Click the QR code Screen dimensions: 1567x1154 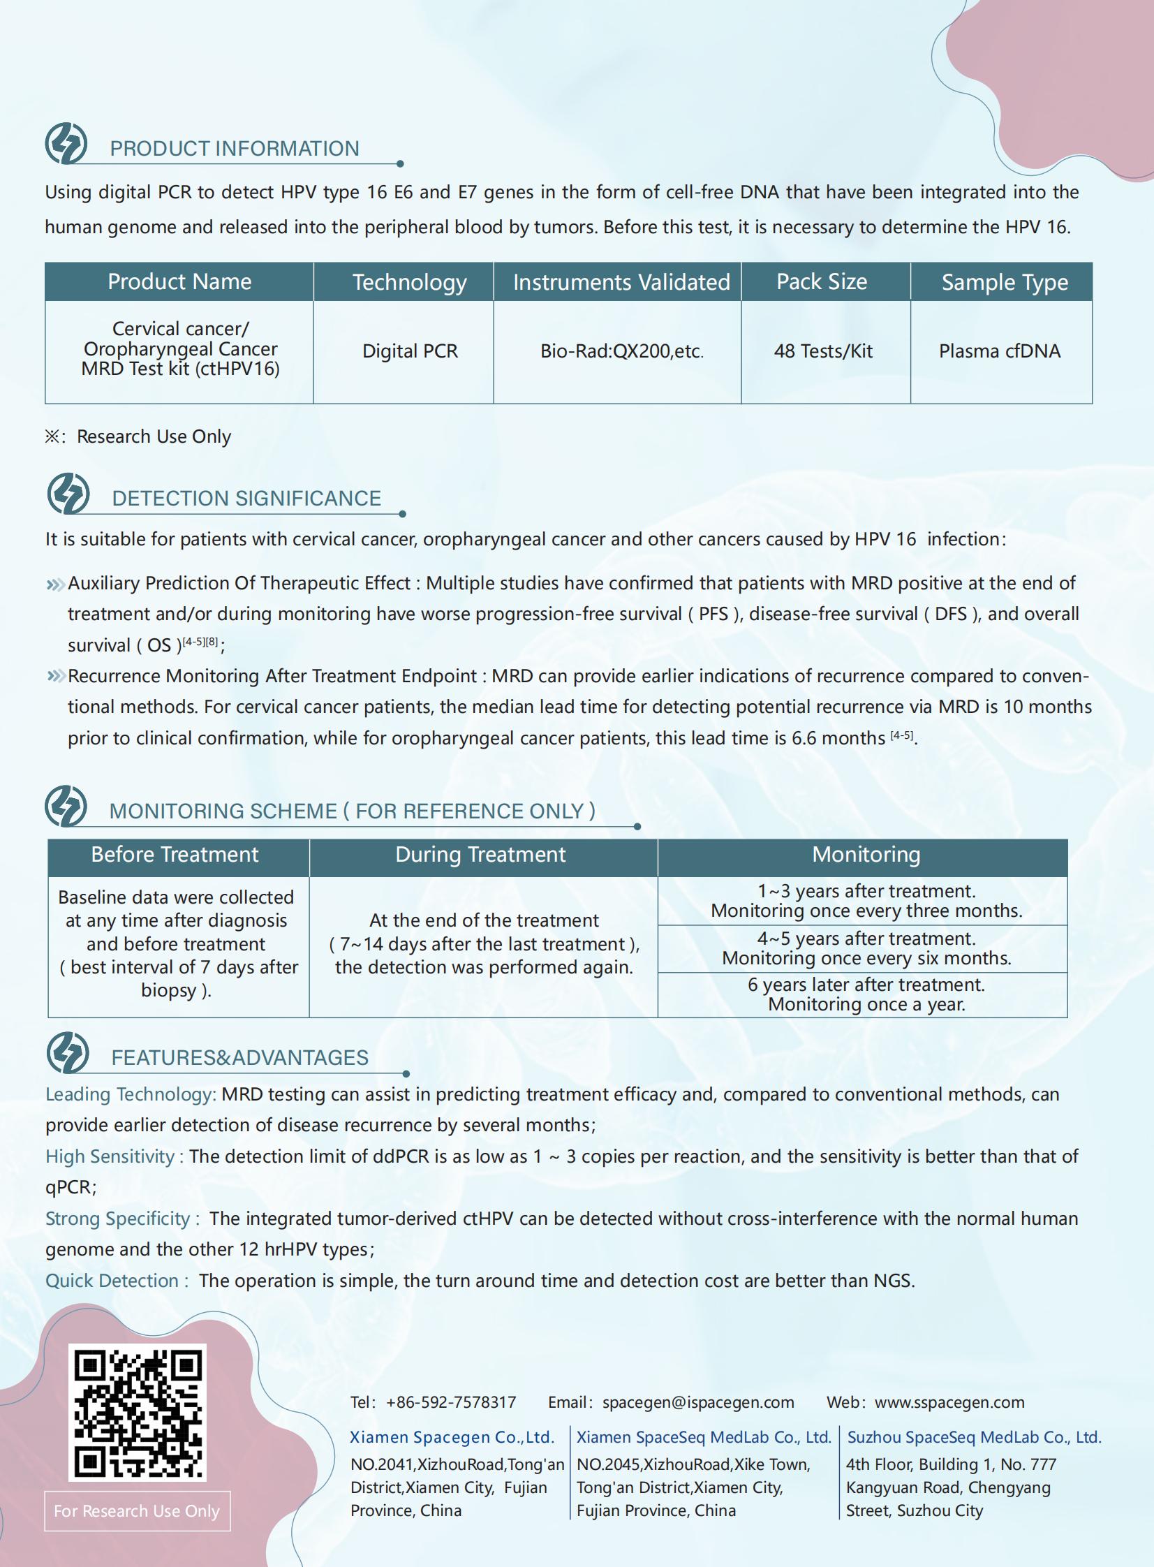tap(137, 1412)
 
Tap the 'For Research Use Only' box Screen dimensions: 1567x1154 tap(137, 1511)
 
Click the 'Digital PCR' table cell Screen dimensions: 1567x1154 tap(410, 351)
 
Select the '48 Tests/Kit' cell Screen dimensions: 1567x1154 tap(824, 351)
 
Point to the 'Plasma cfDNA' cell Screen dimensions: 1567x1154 tap(1000, 351)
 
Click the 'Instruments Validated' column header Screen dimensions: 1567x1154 tap(621, 282)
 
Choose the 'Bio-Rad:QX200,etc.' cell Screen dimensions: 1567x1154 tap(621, 351)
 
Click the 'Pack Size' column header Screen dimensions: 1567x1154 tap(822, 281)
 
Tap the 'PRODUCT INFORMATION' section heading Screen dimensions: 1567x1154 tap(234, 149)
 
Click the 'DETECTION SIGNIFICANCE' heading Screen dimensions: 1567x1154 tap(246, 498)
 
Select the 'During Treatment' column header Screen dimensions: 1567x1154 tap(480, 855)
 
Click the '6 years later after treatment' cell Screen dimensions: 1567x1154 tap(866, 994)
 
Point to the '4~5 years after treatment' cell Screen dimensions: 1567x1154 tap(866, 948)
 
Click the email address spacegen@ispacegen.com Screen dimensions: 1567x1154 tap(698, 1402)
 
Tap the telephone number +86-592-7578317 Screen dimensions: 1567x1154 tap(450, 1402)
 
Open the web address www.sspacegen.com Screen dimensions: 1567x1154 tap(949, 1402)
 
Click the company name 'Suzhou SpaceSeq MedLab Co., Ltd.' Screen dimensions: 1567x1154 tap(974, 1437)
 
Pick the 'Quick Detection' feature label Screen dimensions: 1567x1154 tap(112, 1281)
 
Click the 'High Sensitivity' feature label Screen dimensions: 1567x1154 tap(110, 1156)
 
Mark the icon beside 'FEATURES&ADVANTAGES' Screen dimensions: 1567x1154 tap(68, 1052)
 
